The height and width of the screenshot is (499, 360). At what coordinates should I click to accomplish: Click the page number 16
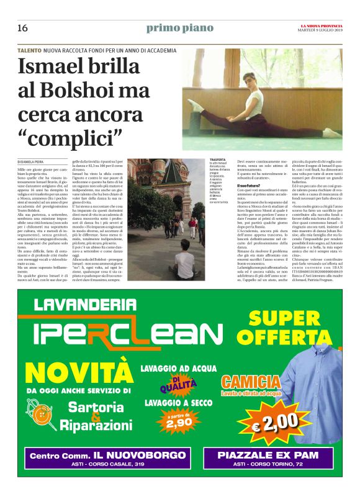tap(22, 28)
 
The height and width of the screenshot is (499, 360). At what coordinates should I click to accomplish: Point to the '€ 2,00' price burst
tap(276, 421)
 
